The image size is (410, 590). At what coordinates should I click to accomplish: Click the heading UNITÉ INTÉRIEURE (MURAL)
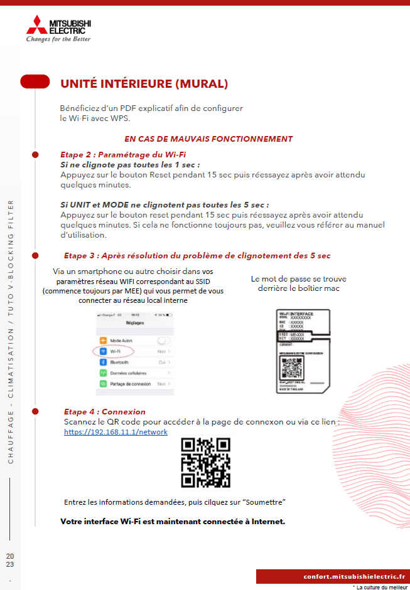144,83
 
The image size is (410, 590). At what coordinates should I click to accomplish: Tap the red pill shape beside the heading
35,82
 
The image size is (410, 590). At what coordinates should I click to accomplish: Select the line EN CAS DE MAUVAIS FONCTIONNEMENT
208,139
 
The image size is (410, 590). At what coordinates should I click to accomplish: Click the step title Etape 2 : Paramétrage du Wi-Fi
123,154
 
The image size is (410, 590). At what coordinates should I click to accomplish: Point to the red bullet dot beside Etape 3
35,255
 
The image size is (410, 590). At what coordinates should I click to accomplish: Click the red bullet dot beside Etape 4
35,411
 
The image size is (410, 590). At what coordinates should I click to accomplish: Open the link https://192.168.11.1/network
116,432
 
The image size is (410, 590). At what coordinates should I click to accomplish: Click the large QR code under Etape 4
205,463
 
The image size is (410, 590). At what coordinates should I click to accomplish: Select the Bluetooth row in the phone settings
119,362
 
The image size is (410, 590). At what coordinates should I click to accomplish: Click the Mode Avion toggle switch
164,340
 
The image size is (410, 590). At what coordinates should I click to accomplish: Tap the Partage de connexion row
130,384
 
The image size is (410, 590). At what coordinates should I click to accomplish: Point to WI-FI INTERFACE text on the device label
295,313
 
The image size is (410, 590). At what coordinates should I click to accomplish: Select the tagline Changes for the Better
58,40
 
